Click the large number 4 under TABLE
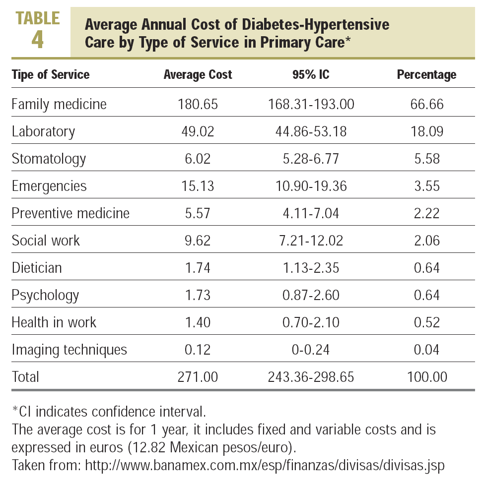37,40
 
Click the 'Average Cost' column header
198,75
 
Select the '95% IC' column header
311,75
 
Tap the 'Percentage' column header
426,75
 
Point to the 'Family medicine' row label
59,104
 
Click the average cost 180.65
198,104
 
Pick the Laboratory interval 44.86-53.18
311,131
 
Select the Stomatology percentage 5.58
426,159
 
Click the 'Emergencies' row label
49,186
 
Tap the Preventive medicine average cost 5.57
198,213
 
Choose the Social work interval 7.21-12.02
311,241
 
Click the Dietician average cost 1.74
198,268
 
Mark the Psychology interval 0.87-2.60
311,295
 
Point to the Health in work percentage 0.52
426,322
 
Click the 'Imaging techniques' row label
69,350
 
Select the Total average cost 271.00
198,377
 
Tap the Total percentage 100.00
426,377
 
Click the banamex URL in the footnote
265,466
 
